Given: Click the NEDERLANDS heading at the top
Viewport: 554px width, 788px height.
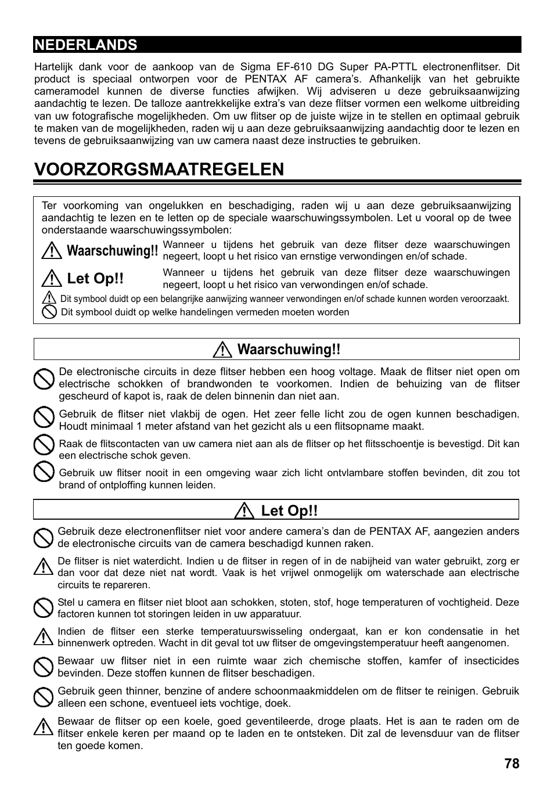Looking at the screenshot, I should coord(86,45).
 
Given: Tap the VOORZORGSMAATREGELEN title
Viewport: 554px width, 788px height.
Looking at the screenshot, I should coord(159,169).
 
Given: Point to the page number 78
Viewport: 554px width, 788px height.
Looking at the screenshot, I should coord(512,764).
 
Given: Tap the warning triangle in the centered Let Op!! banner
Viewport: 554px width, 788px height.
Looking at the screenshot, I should coord(246,511).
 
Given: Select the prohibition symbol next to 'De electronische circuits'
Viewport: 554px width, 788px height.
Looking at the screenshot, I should coord(44,380).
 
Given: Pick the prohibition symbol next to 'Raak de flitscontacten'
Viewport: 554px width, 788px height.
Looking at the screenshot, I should coord(44,445).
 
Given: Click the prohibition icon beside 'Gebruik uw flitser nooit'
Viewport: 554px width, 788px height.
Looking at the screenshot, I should coord(44,472).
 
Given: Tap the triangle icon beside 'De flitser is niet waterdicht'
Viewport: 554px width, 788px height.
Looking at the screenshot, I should coord(42,566).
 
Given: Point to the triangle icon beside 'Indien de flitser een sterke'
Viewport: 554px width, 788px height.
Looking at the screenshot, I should coord(42,637).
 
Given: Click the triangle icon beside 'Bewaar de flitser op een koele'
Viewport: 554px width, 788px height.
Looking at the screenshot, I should coord(42,726).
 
